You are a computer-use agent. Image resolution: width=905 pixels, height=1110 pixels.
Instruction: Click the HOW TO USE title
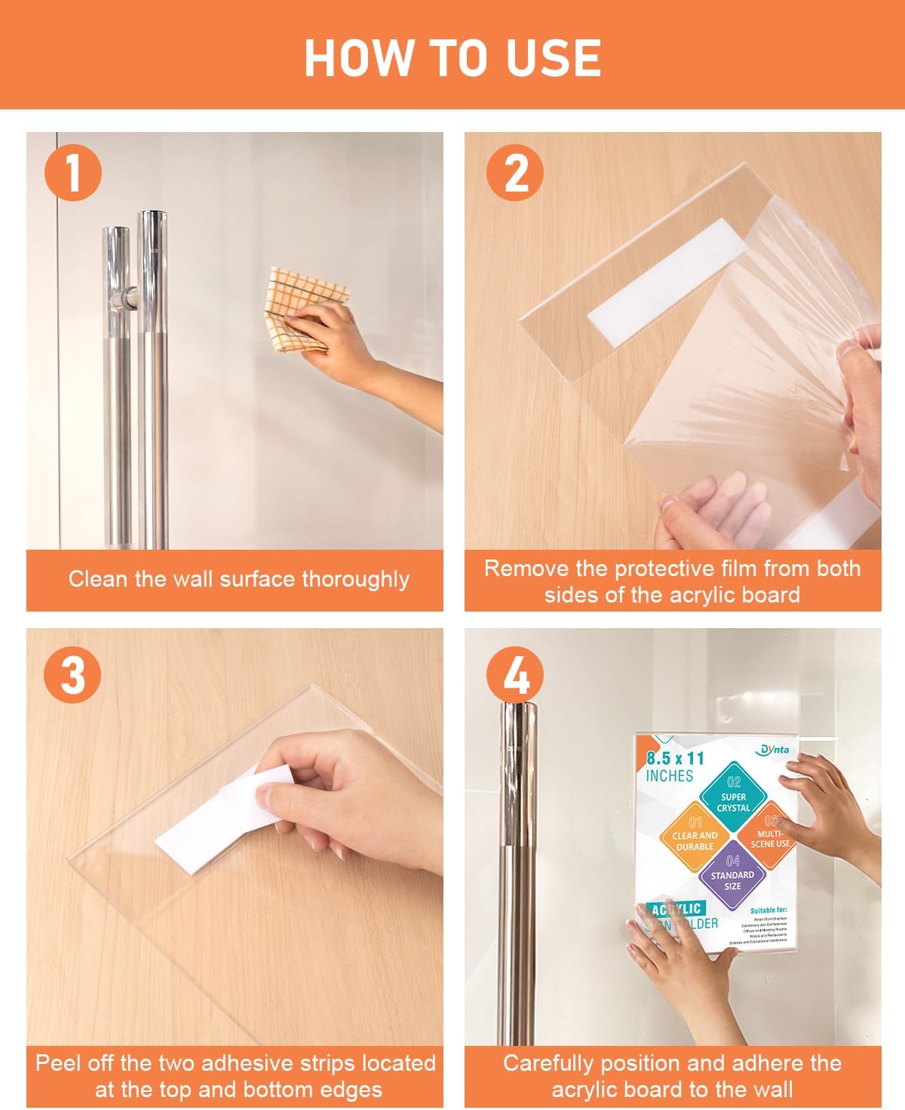pyautogui.click(x=452, y=57)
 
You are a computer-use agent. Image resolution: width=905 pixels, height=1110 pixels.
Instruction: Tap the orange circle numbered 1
pyautogui.click(x=73, y=172)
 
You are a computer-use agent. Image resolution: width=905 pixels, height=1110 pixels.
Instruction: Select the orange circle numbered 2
pyautogui.click(x=515, y=172)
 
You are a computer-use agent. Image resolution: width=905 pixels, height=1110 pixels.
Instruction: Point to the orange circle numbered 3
pyautogui.click(x=73, y=673)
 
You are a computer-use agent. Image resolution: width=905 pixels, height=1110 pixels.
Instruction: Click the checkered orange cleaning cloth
pyautogui.click(x=305, y=305)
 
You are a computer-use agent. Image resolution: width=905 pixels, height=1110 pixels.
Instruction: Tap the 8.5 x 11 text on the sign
pyautogui.click(x=675, y=758)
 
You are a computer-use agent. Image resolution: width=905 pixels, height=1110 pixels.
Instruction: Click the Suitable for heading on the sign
pyautogui.click(x=768, y=911)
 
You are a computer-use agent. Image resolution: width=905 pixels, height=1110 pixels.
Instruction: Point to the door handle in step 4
pyautogui.click(x=519, y=867)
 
